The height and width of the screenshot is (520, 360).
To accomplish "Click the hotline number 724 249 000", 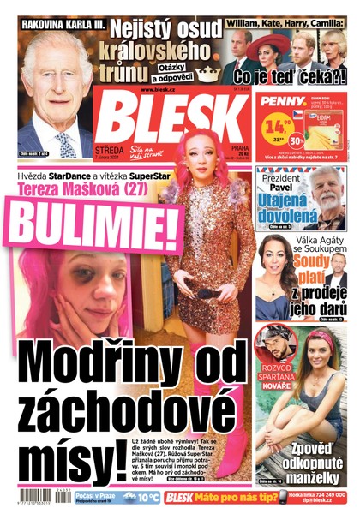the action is click(323, 499).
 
